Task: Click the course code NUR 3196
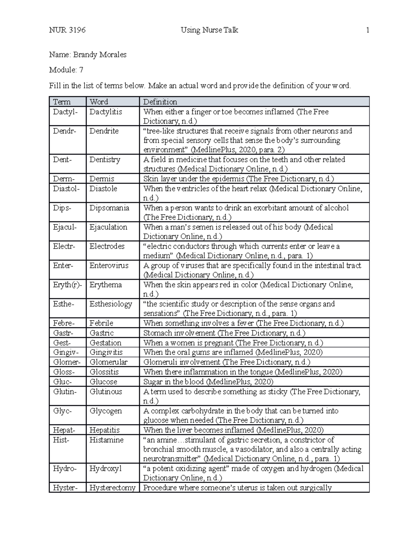click(x=67, y=30)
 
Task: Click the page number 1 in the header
click(x=367, y=30)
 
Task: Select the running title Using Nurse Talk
click(x=209, y=30)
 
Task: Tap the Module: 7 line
click(x=66, y=70)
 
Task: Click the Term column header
click(x=62, y=102)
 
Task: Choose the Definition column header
click(x=160, y=102)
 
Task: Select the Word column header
click(x=99, y=102)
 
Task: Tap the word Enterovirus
click(x=109, y=266)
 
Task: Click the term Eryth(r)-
click(x=68, y=285)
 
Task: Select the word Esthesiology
click(x=111, y=304)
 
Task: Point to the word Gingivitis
click(x=106, y=352)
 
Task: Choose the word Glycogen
click(x=106, y=411)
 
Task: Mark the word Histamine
click(x=106, y=440)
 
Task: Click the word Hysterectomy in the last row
click(x=112, y=488)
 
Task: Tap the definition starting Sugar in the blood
click(x=208, y=382)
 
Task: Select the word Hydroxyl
click(x=105, y=469)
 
